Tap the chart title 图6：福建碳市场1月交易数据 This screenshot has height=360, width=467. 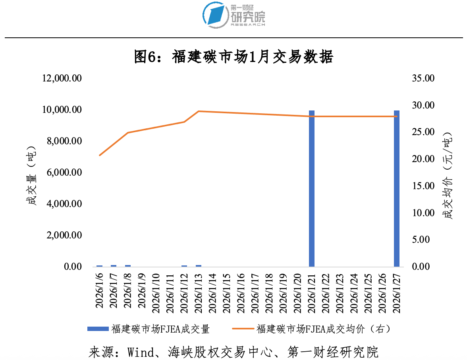(x=234, y=57)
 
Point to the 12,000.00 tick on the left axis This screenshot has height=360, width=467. (x=62, y=78)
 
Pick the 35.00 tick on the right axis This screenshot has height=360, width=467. (x=424, y=78)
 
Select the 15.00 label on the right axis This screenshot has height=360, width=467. (x=424, y=186)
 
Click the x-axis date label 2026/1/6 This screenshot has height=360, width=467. (x=100, y=290)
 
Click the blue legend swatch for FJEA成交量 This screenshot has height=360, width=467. (x=98, y=329)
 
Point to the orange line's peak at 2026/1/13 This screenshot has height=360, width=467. (x=199, y=111)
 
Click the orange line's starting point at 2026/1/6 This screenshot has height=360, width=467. (x=100, y=155)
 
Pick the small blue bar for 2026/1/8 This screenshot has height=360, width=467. (x=128, y=265)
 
